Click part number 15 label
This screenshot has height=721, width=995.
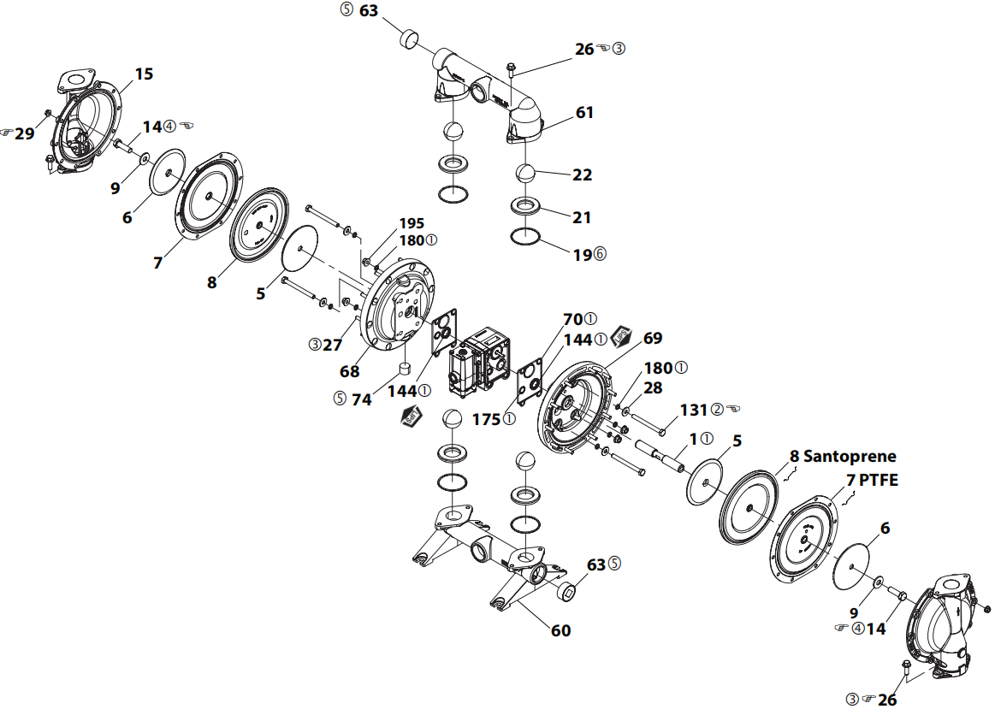click(x=144, y=74)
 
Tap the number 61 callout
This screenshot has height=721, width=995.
click(x=584, y=112)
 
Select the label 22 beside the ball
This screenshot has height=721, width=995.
click(x=582, y=175)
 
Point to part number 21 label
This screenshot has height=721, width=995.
click(x=582, y=217)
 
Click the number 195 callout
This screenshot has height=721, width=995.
click(x=412, y=223)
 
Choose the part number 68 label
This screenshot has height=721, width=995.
click(x=350, y=371)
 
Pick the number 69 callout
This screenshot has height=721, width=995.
click(x=653, y=338)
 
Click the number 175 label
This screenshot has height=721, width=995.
click(x=486, y=419)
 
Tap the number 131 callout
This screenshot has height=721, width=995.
click(x=694, y=411)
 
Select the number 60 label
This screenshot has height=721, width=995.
click(x=561, y=630)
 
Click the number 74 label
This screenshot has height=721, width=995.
click(x=362, y=399)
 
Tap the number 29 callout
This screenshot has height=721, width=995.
click(x=25, y=133)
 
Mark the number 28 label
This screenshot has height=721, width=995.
click(x=653, y=387)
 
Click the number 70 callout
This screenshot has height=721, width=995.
click(x=573, y=320)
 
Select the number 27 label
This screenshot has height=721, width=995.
click(x=333, y=345)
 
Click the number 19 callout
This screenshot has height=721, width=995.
click(x=583, y=255)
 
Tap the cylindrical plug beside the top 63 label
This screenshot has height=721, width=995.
click(x=410, y=38)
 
